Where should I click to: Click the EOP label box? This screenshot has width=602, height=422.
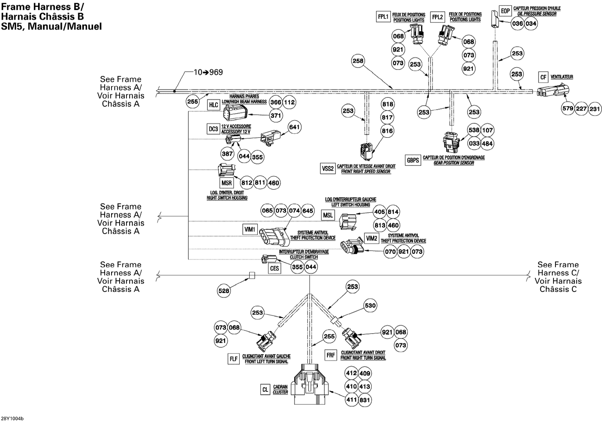coord(505,11)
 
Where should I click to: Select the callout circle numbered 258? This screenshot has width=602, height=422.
coord(358,61)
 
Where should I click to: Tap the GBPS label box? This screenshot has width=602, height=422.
coord(413,160)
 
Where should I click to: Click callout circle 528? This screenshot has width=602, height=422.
coord(224,291)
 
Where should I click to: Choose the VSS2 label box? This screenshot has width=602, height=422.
coord(328,169)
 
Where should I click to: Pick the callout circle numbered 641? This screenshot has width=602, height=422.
coord(294,127)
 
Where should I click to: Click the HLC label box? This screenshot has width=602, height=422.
coord(214,105)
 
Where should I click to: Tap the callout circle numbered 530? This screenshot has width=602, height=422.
coord(370,306)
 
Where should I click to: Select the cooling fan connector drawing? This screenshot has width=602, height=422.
coord(553,91)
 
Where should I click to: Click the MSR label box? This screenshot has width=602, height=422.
coord(227,183)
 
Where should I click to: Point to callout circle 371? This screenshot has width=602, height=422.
coord(276,116)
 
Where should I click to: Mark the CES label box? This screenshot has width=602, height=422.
coord(275,269)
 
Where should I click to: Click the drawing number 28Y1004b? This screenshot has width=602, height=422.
coord(12,418)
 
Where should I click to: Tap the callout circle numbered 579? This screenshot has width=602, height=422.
coord(568,108)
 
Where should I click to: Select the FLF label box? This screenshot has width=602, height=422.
coord(234,359)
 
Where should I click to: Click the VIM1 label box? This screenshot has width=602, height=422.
coord(250,229)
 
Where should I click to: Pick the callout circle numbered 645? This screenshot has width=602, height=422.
coord(307,210)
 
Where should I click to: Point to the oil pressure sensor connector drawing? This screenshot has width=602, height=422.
coord(494,19)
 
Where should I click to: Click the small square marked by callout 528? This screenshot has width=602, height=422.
coord(252,275)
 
